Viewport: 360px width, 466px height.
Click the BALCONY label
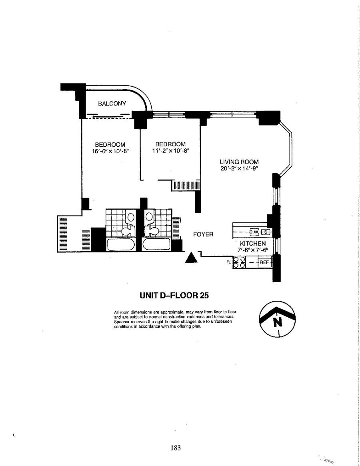[x=112, y=104]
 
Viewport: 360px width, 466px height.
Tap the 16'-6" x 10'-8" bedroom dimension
[x=110, y=151]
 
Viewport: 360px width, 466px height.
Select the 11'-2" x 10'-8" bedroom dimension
[x=170, y=151]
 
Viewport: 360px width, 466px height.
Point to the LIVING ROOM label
[x=239, y=162]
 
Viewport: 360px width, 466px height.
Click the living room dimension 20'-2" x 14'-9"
[x=239, y=168]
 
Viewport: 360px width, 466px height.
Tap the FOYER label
[x=203, y=234]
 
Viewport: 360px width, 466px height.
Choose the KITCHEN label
[x=253, y=244]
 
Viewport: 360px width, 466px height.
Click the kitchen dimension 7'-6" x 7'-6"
[x=253, y=250]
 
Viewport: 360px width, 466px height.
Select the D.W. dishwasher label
[x=254, y=232]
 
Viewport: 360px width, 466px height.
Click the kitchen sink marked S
[x=266, y=232]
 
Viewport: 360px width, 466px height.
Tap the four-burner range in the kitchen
[x=239, y=262]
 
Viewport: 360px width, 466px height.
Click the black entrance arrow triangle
[x=192, y=258]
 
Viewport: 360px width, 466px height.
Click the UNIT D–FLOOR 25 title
[x=174, y=296]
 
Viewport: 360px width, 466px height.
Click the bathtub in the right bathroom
[x=156, y=244]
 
